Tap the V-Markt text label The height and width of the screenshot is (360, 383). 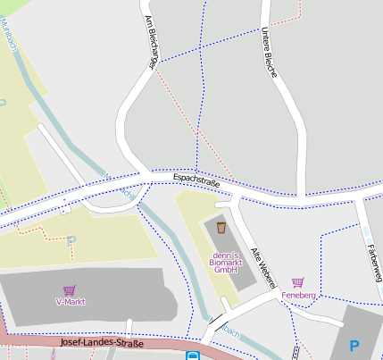tap(70, 302)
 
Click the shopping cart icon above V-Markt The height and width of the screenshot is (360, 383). tap(70, 290)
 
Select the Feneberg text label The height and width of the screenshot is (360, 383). tap(298, 295)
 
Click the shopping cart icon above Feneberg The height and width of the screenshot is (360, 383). tap(298, 282)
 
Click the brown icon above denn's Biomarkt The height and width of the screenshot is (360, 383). tap(221, 229)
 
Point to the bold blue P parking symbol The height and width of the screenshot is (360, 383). tap(354, 346)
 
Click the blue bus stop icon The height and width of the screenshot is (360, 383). tap(193, 356)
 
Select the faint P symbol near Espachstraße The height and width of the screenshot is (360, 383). tap(71, 240)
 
